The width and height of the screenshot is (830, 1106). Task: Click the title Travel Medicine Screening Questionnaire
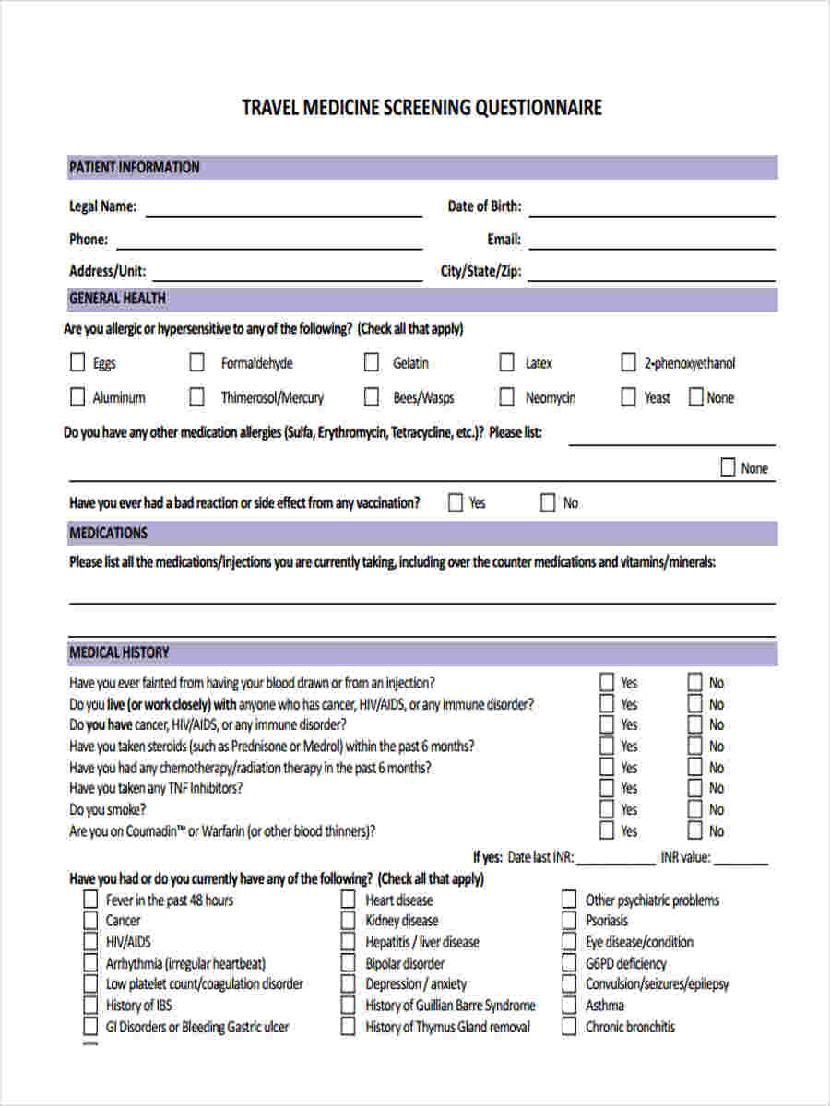(x=421, y=108)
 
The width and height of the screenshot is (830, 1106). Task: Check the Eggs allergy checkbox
(x=77, y=362)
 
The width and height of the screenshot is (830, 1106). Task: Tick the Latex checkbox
(x=506, y=362)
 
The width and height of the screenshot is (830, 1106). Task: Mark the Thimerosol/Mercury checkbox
(x=196, y=397)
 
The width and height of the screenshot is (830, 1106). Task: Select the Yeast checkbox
(x=628, y=397)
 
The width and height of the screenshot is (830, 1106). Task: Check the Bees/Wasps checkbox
(x=372, y=397)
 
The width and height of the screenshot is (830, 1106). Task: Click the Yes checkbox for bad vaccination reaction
(x=456, y=502)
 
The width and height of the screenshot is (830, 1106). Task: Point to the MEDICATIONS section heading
(x=108, y=533)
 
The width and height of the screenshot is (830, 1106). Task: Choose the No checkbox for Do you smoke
(x=695, y=809)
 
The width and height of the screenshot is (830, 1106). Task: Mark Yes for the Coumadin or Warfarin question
(x=607, y=830)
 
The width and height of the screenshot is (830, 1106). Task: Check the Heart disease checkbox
(x=348, y=900)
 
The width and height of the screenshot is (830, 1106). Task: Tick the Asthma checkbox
(x=569, y=1005)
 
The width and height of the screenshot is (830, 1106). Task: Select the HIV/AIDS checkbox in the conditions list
(x=89, y=941)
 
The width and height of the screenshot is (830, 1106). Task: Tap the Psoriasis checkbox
(x=569, y=920)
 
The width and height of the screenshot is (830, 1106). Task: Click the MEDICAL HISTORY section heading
(x=119, y=653)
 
